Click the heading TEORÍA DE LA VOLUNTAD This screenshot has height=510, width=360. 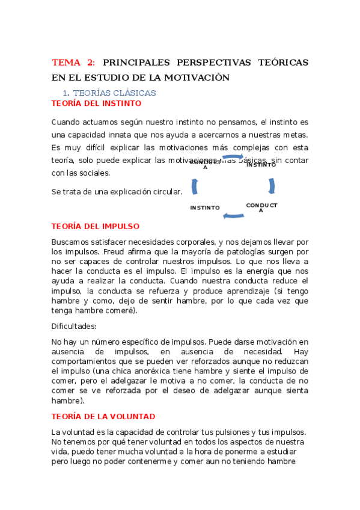[x=103, y=416]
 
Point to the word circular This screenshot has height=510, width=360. [x=165, y=192]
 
